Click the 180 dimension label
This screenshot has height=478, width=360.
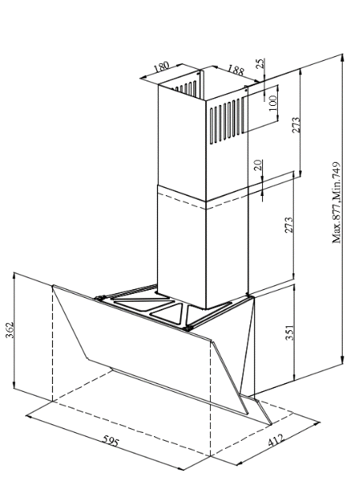(161, 66)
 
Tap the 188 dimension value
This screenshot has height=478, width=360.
(236, 70)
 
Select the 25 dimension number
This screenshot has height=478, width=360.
(261, 63)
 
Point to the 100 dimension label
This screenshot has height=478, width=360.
(272, 103)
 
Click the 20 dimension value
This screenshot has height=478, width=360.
(258, 165)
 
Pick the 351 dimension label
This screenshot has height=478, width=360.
(290, 333)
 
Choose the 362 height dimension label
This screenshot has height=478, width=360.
(10, 330)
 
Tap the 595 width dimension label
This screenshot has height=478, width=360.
(110, 441)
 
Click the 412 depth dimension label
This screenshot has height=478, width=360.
(276, 441)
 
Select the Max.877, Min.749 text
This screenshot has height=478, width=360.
(336, 202)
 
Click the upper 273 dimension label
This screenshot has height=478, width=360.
(296, 125)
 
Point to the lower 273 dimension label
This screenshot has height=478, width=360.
(289, 225)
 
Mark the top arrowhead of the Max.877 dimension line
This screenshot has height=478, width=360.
(343, 57)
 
